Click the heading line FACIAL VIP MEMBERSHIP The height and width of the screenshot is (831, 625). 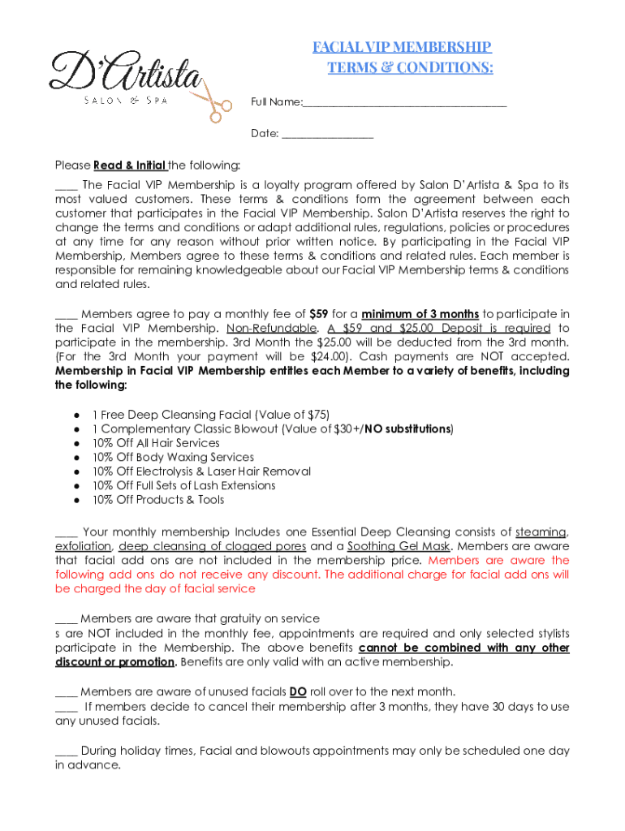403,47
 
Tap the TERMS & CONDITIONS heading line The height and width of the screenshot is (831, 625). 410,67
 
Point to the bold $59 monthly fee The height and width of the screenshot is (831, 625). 319,314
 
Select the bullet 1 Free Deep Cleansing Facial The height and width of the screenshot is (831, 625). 211,415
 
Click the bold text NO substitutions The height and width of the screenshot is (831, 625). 407,428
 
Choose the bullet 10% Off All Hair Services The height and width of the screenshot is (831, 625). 156,443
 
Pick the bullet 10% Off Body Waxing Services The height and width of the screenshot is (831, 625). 173,457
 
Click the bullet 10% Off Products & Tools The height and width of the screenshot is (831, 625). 158,500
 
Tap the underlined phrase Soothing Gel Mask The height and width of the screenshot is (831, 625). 394,546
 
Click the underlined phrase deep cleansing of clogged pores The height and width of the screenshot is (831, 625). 213,546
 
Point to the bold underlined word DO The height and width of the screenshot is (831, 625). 298,691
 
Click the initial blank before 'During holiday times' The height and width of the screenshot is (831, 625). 66,751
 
